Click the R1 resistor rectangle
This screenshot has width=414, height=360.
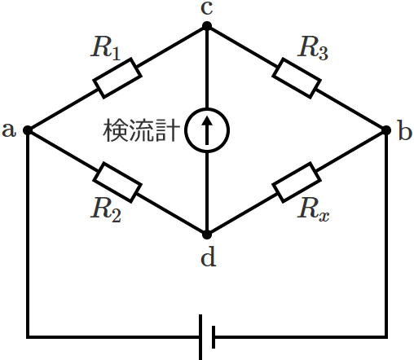[117, 77]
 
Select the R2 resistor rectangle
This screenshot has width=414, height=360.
[117, 181]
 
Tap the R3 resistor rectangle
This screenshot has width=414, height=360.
[296, 77]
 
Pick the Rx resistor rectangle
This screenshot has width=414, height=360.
[296, 181]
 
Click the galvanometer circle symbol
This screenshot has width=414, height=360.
[207, 130]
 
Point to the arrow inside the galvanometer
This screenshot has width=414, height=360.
[207, 130]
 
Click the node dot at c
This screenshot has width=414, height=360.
[207, 26]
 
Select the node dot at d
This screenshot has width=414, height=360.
[207, 233]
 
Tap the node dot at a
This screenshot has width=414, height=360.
[28, 130]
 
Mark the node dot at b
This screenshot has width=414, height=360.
[386, 130]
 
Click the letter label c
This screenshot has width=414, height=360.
[207, 9]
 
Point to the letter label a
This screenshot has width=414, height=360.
[10, 130]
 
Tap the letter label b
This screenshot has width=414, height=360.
[405, 130]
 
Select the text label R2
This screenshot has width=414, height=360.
[106, 209]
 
